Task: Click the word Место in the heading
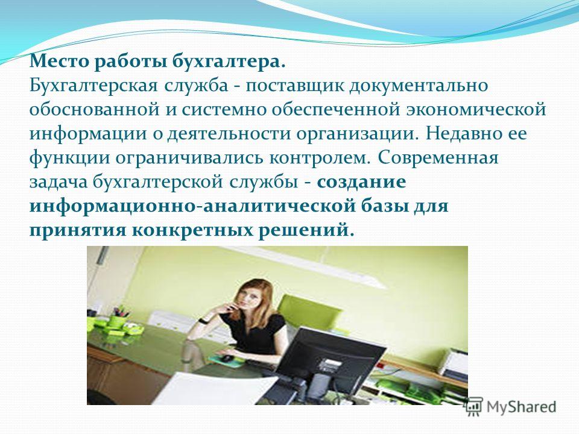(59, 61)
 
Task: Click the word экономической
(476, 110)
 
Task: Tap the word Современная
(438, 158)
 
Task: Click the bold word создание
(361, 182)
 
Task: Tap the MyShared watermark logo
(510, 407)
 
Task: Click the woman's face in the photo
(246, 296)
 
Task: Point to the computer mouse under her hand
(226, 358)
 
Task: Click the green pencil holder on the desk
(118, 319)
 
